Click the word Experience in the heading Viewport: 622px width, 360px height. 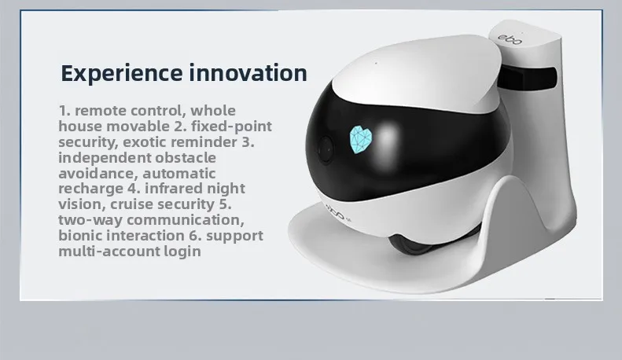coord(122,73)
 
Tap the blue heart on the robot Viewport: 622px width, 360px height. coord(361,140)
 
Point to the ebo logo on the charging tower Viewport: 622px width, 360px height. coord(510,39)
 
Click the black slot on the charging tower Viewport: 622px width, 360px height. coord(528,78)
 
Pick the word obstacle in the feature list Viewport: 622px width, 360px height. coord(186,158)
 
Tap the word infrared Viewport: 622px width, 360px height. coord(172,189)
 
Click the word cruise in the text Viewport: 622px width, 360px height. coord(131,204)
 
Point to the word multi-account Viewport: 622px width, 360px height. coord(109,252)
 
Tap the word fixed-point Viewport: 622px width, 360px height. coord(231,127)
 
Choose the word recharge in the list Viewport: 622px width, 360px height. coord(91,189)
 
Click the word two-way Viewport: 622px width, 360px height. coord(90,220)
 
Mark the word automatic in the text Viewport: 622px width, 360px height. coord(179,174)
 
